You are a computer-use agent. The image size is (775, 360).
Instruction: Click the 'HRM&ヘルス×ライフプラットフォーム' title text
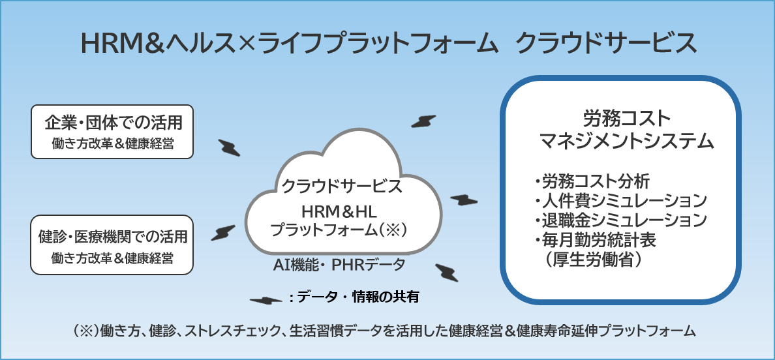tap(288, 44)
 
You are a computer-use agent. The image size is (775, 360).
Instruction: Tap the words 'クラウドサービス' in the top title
tap(606, 44)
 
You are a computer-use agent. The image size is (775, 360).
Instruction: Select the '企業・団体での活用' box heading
tap(113, 122)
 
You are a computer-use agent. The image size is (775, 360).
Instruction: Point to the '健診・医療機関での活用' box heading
tap(113, 237)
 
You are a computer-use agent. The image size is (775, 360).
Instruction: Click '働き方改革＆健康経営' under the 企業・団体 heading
tap(113, 143)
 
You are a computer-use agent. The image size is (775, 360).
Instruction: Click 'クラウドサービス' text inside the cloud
tap(341, 187)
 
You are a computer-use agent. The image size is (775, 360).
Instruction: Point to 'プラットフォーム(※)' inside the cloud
tap(339, 230)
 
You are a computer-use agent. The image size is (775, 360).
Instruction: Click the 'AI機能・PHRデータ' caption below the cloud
tap(339, 265)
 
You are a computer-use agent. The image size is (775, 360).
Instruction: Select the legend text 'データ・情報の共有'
tap(358, 297)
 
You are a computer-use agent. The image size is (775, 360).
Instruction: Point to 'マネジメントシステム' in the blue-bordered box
tap(627, 142)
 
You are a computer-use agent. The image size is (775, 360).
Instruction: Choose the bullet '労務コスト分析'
tap(592, 181)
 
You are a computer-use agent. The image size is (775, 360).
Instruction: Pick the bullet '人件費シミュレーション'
tap(620, 201)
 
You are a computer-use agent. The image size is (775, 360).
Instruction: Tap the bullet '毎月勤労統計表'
tap(596, 240)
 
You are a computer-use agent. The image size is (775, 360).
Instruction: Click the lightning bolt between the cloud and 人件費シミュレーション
tap(464, 200)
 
